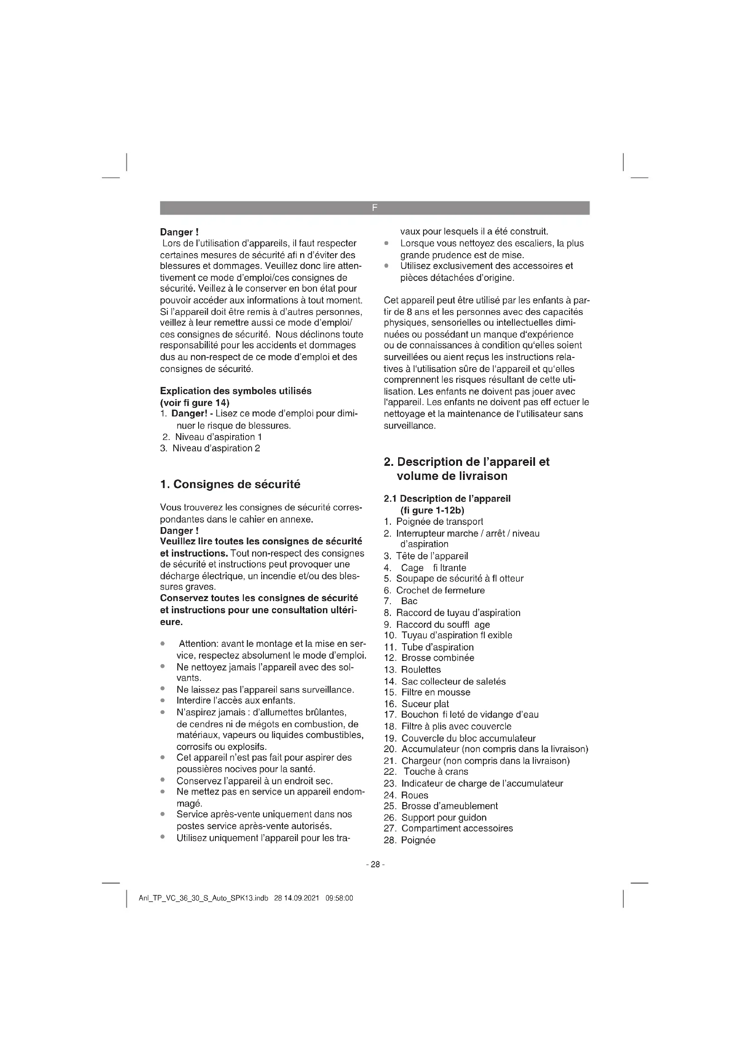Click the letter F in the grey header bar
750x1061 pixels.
click(375, 208)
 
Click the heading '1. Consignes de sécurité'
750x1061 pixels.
click(230, 484)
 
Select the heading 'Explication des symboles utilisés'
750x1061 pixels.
click(235, 391)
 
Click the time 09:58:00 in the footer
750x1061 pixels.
click(339, 898)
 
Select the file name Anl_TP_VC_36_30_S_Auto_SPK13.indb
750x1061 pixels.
click(203, 898)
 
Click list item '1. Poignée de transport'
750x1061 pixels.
click(433, 522)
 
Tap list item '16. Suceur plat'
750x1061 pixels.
click(417, 704)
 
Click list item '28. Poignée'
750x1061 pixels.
click(409, 840)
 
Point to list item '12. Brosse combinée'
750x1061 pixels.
click(429, 658)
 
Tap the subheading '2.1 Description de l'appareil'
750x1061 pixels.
click(447, 499)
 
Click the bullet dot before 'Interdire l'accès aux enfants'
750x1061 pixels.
click(163, 700)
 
